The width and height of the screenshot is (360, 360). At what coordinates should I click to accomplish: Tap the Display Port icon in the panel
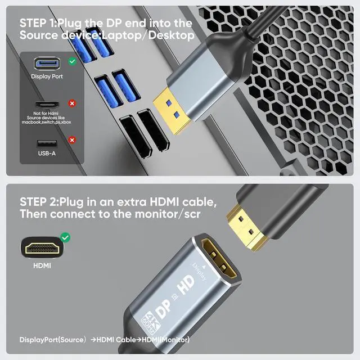click(x=47, y=63)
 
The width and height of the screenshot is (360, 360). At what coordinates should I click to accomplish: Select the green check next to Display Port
click(x=72, y=61)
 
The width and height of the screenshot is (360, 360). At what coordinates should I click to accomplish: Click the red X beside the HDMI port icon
click(x=72, y=103)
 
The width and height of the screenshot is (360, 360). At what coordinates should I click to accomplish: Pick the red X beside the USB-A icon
click(x=72, y=139)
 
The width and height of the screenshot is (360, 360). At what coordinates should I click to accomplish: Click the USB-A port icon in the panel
click(x=47, y=143)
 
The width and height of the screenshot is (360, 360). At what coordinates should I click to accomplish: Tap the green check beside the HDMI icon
click(x=66, y=237)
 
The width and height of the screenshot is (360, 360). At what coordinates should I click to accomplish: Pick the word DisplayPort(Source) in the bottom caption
click(x=52, y=340)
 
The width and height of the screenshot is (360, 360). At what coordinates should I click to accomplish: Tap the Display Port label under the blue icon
click(x=47, y=76)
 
